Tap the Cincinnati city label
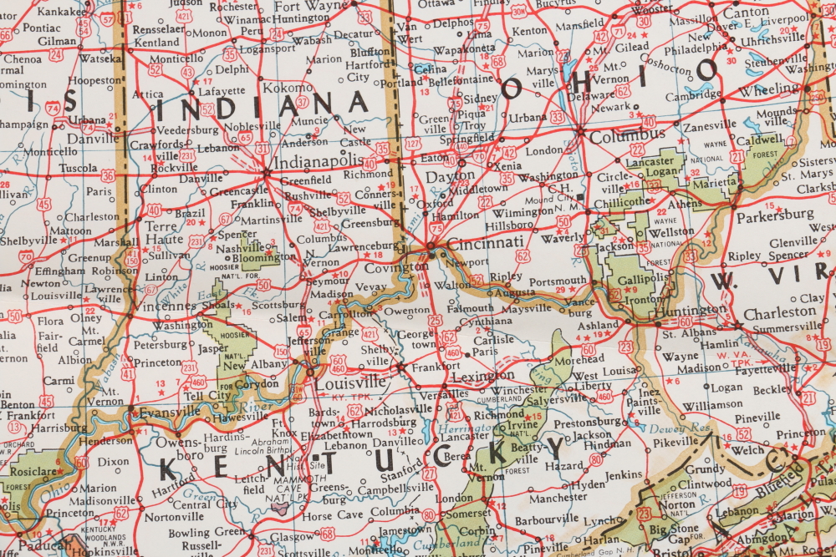click(486, 243)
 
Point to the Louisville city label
click(350, 382)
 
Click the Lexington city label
click(482, 377)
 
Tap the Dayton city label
click(450, 177)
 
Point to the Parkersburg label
click(775, 214)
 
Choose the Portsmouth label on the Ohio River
click(558, 281)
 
